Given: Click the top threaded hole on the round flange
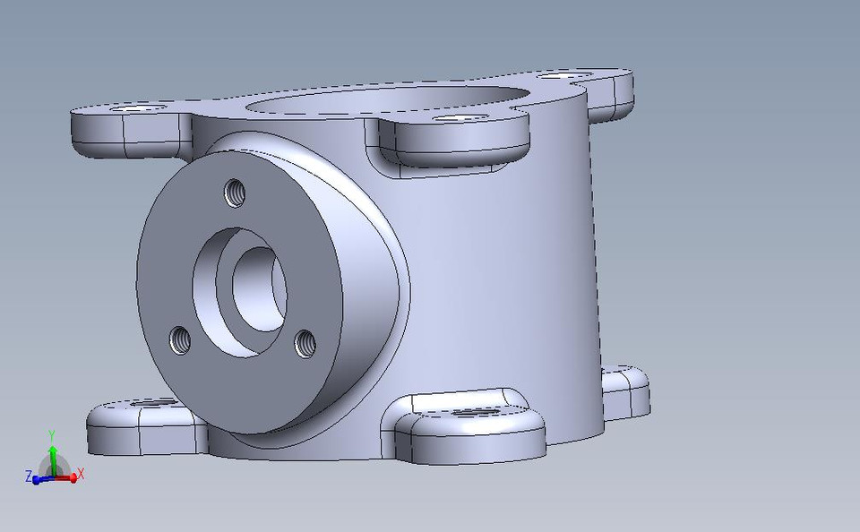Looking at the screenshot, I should coord(235,192).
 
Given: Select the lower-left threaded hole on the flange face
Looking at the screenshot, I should coord(182,339).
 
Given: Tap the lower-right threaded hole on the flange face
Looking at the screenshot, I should coord(305,341).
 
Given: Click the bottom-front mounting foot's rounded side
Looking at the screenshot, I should coord(475,439).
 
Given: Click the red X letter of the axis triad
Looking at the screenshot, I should coord(81,474).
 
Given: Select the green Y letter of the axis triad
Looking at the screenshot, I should coord(52,435).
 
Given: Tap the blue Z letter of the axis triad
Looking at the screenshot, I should coord(29,476).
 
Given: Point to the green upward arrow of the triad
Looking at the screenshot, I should coord(53,452).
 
